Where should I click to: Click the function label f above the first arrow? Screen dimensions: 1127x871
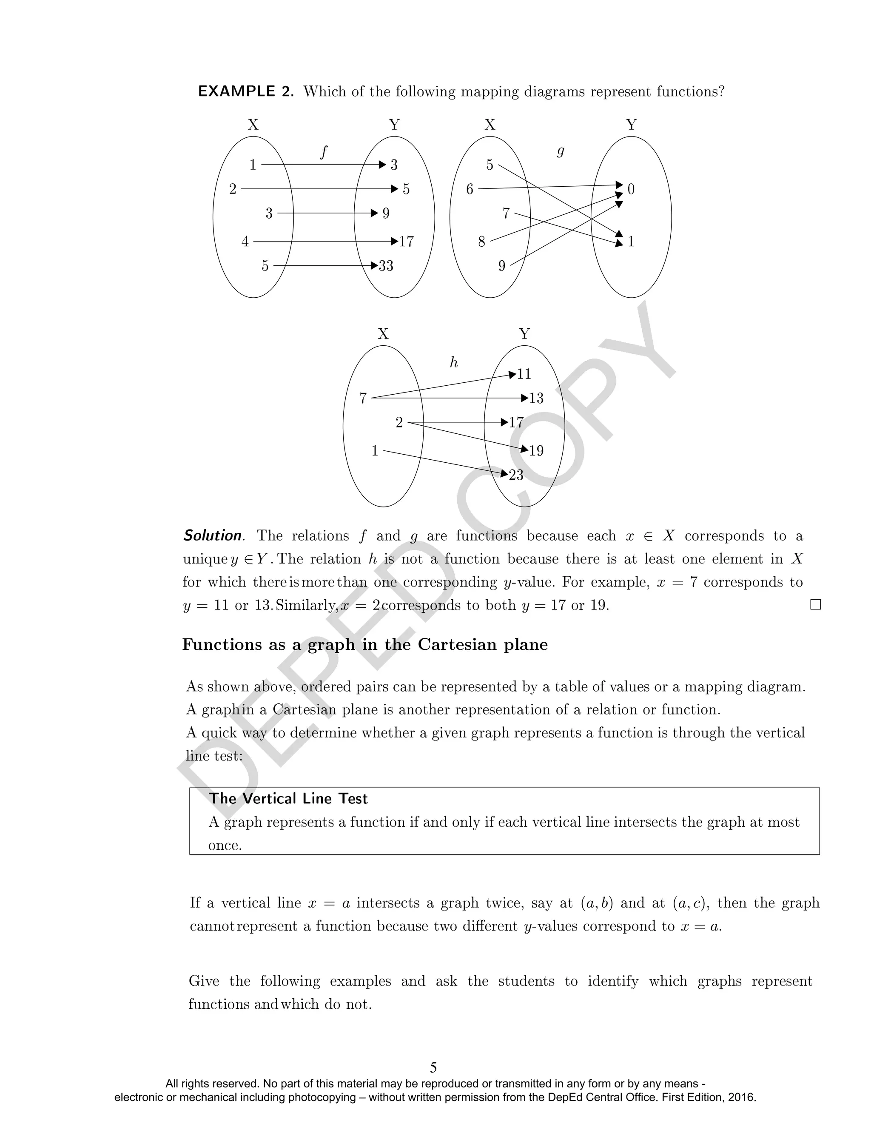click(324, 153)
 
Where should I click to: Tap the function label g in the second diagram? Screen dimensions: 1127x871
click(561, 152)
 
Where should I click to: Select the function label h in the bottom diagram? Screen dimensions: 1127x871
click(453, 363)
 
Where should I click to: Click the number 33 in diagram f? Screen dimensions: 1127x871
click(386, 266)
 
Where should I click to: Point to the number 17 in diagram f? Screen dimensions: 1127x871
click(407, 242)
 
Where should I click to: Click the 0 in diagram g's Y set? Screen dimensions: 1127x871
click(631, 189)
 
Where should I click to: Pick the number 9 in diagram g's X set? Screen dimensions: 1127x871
click(501, 266)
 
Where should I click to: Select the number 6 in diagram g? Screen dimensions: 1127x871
click(470, 189)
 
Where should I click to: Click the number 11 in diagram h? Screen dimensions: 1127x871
click(524, 374)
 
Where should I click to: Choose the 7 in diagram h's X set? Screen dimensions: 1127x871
click(363, 398)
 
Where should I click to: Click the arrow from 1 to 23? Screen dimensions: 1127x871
click(444, 462)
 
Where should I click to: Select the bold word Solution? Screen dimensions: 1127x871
click(213, 535)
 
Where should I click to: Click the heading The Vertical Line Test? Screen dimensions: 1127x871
click(288, 799)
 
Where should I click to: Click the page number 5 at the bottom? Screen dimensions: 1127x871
click(433, 1067)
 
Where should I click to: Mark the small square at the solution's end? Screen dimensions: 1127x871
click(815, 605)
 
